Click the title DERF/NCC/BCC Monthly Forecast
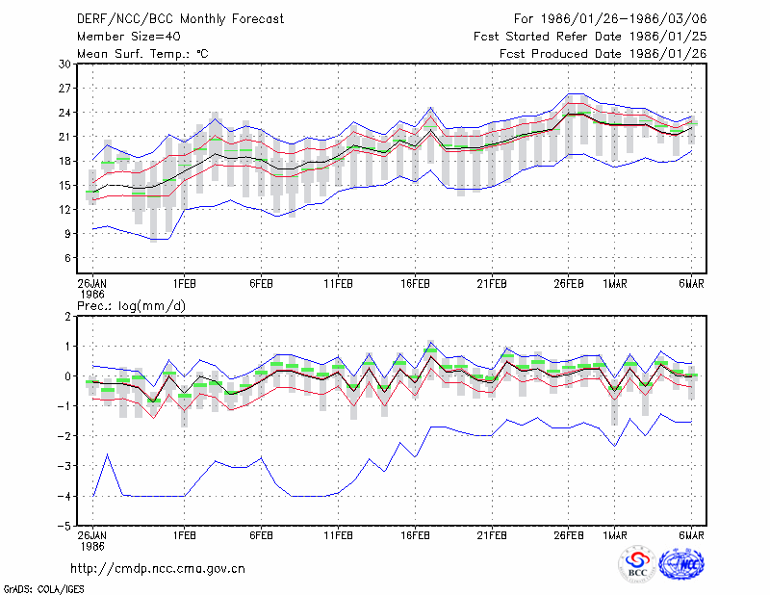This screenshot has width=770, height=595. coord(180,19)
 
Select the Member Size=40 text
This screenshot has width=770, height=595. coord(129,37)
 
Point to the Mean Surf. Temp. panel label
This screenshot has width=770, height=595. coord(142,54)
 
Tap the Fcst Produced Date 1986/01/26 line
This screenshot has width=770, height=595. coord(603,54)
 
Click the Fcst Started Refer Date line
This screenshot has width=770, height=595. coord(590,37)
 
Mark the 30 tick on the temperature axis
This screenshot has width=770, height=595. coord(64,65)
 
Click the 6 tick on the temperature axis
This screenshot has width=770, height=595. coord(67,258)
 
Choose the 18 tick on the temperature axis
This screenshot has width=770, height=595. coord(64,161)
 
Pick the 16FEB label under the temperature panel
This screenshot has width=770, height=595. coord(415,284)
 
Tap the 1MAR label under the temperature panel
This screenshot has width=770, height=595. coord(615,284)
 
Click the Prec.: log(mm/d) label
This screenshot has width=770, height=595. coord(131,306)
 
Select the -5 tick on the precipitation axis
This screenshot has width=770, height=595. coord(64,526)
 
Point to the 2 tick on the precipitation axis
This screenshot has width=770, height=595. coord(67,317)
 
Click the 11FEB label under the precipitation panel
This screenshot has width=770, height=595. coord(338,535)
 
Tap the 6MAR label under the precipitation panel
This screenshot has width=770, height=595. coord(691,535)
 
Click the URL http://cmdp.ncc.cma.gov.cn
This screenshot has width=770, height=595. coord(158,569)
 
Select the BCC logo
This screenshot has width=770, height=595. coord(637,565)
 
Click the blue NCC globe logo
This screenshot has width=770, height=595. coord(681,564)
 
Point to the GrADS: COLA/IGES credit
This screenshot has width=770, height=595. coord(44,589)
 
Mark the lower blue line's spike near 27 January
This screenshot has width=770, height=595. coord(108,454)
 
